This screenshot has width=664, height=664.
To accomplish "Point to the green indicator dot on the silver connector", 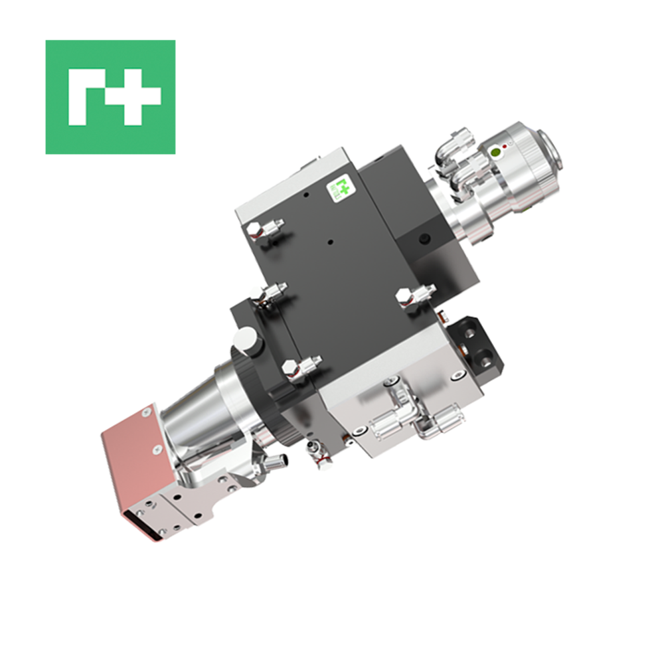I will (495, 153).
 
